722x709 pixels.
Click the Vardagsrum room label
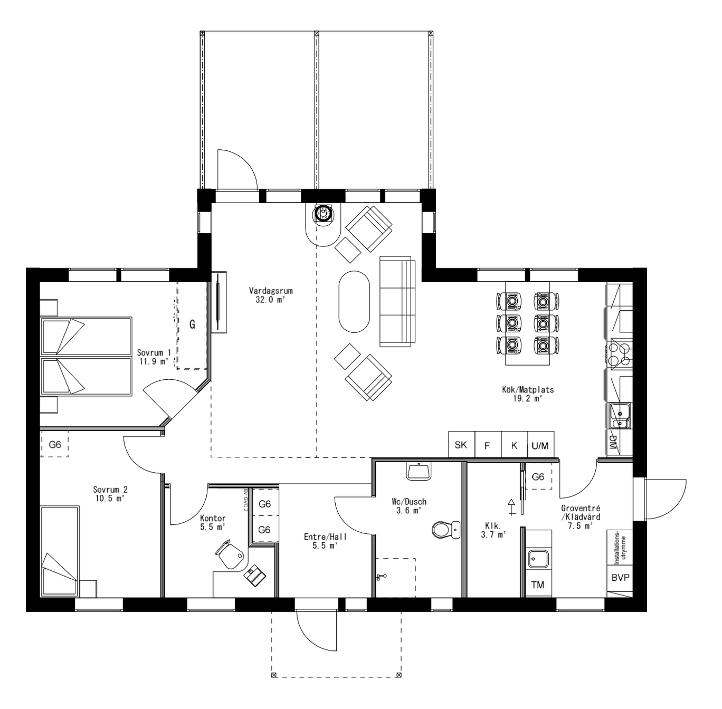pyautogui.click(x=271, y=295)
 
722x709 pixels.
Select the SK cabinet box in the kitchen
pyautogui.click(x=461, y=445)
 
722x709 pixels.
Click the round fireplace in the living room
pyautogui.click(x=322, y=214)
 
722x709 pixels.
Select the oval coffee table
pyautogui.click(x=354, y=301)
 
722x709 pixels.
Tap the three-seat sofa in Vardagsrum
pyautogui.click(x=397, y=302)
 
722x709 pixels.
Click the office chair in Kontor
pyautogui.click(x=231, y=554)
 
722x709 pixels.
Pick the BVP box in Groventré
pyautogui.click(x=620, y=577)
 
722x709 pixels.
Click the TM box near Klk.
pyautogui.click(x=538, y=585)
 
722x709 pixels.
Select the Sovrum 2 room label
pyautogui.click(x=110, y=494)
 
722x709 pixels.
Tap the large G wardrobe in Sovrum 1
pyautogui.click(x=192, y=325)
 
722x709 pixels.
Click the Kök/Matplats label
pyautogui.click(x=528, y=394)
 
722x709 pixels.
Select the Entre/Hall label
pyautogui.click(x=325, y=541)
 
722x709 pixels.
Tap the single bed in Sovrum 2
pyautogui.click(x=60, y=551)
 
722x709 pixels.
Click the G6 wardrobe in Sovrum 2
pyautogui.click(x=55, y=445)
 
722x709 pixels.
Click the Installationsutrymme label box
pyautogui.click(x=620, y=547)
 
